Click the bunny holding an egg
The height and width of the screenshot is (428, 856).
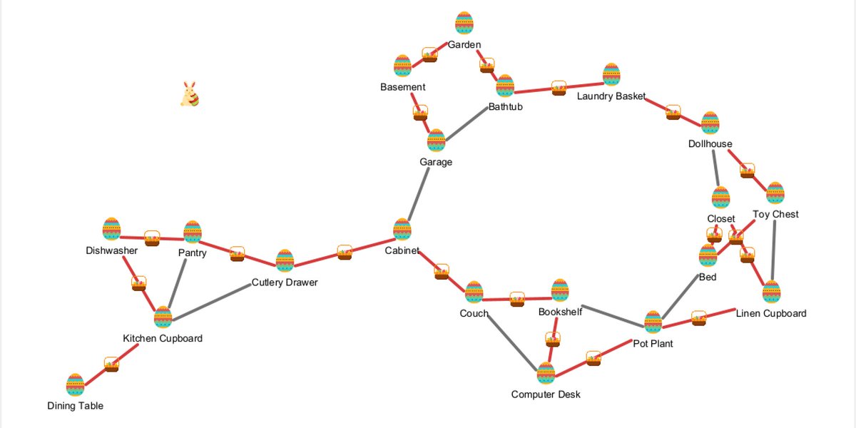(x=189, y=94)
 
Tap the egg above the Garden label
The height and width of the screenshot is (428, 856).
(x=464, y=23)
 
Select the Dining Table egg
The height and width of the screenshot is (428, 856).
(x=75, y=384)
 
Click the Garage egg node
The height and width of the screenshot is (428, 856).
(x=436, y=141)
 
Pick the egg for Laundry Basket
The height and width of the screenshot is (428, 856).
(x=611, y=75)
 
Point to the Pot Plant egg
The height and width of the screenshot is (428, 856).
(x=653, y=322)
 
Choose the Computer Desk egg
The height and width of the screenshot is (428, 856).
(x=546, y=373)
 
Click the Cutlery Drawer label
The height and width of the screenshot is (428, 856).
(x=285, y=282)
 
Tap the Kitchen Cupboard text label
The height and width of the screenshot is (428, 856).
(x=163, y=338)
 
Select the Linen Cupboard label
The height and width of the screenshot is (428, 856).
(x=771, y=313)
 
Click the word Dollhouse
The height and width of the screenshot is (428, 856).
(x=710, y=144)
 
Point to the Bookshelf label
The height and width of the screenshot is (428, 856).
(x=560, y=312)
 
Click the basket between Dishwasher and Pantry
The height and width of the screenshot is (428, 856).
(x=152, y=238)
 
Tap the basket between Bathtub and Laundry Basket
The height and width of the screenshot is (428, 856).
(x=559, y=88)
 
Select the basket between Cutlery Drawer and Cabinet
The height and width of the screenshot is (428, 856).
(x=345, y=253)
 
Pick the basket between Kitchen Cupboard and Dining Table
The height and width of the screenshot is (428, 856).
(x=112, y=364)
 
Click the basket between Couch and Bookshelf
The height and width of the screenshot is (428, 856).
(x=517, y=299)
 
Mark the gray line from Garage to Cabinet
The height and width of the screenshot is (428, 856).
(x=419, y=185)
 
